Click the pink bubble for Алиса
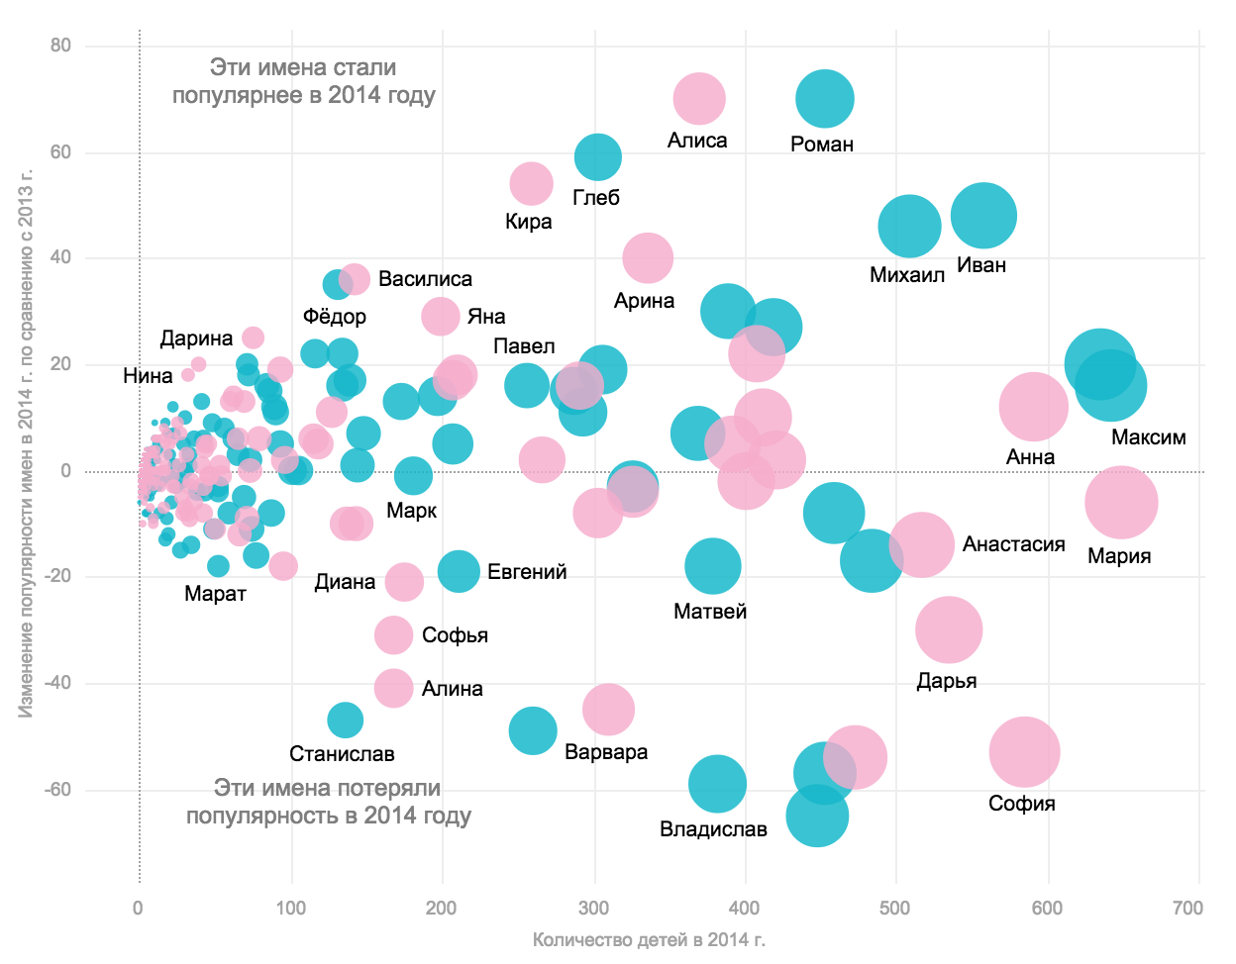(699, 99)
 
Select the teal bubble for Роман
(824, 99)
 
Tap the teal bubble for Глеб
(597, 156)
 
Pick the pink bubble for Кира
(532, 183)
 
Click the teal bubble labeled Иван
(983, 216)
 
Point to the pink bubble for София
(1024, 751)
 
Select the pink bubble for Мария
(1121, 503)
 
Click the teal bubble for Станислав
(345, 720)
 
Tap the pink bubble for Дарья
(949, 629)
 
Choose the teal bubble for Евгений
(459, 571)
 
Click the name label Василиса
(425, 279)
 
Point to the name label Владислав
(713, 829)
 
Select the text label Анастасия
(1013, 544)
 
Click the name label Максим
(1148, 437)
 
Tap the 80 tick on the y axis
(60, 46)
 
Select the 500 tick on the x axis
(895, 909)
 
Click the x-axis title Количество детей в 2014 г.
(649, 939)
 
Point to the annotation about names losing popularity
(328, 802)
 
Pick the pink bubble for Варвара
(608, 709)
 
